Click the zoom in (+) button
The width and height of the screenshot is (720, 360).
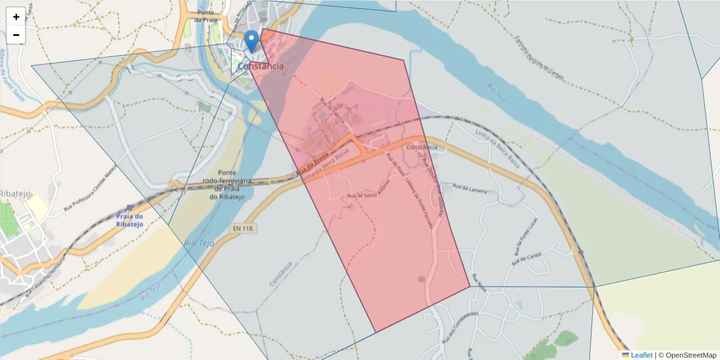(16, 17)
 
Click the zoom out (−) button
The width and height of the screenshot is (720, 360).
(16, 35)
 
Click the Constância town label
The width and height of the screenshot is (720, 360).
(260, 66)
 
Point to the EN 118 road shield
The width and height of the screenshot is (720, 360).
(242, 229)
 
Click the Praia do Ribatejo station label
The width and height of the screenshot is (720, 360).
(130, 220)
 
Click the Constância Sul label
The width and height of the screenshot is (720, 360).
(422, 151)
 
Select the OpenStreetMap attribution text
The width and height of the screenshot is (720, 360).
(691, 355)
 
